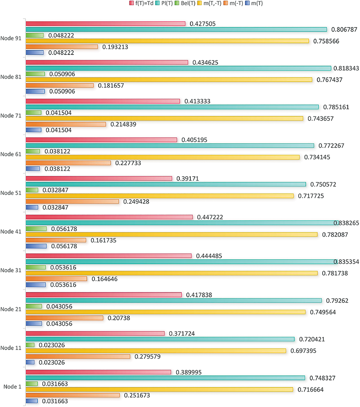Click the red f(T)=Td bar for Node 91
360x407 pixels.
(105, 24)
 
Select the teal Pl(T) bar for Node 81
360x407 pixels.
(179, 68)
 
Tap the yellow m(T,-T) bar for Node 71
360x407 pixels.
(164, 118)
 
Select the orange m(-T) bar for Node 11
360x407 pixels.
(78, 357)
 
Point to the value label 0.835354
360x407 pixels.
(346, 262)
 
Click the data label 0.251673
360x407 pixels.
(137, 395)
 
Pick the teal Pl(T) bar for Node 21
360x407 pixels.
(174, 300)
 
